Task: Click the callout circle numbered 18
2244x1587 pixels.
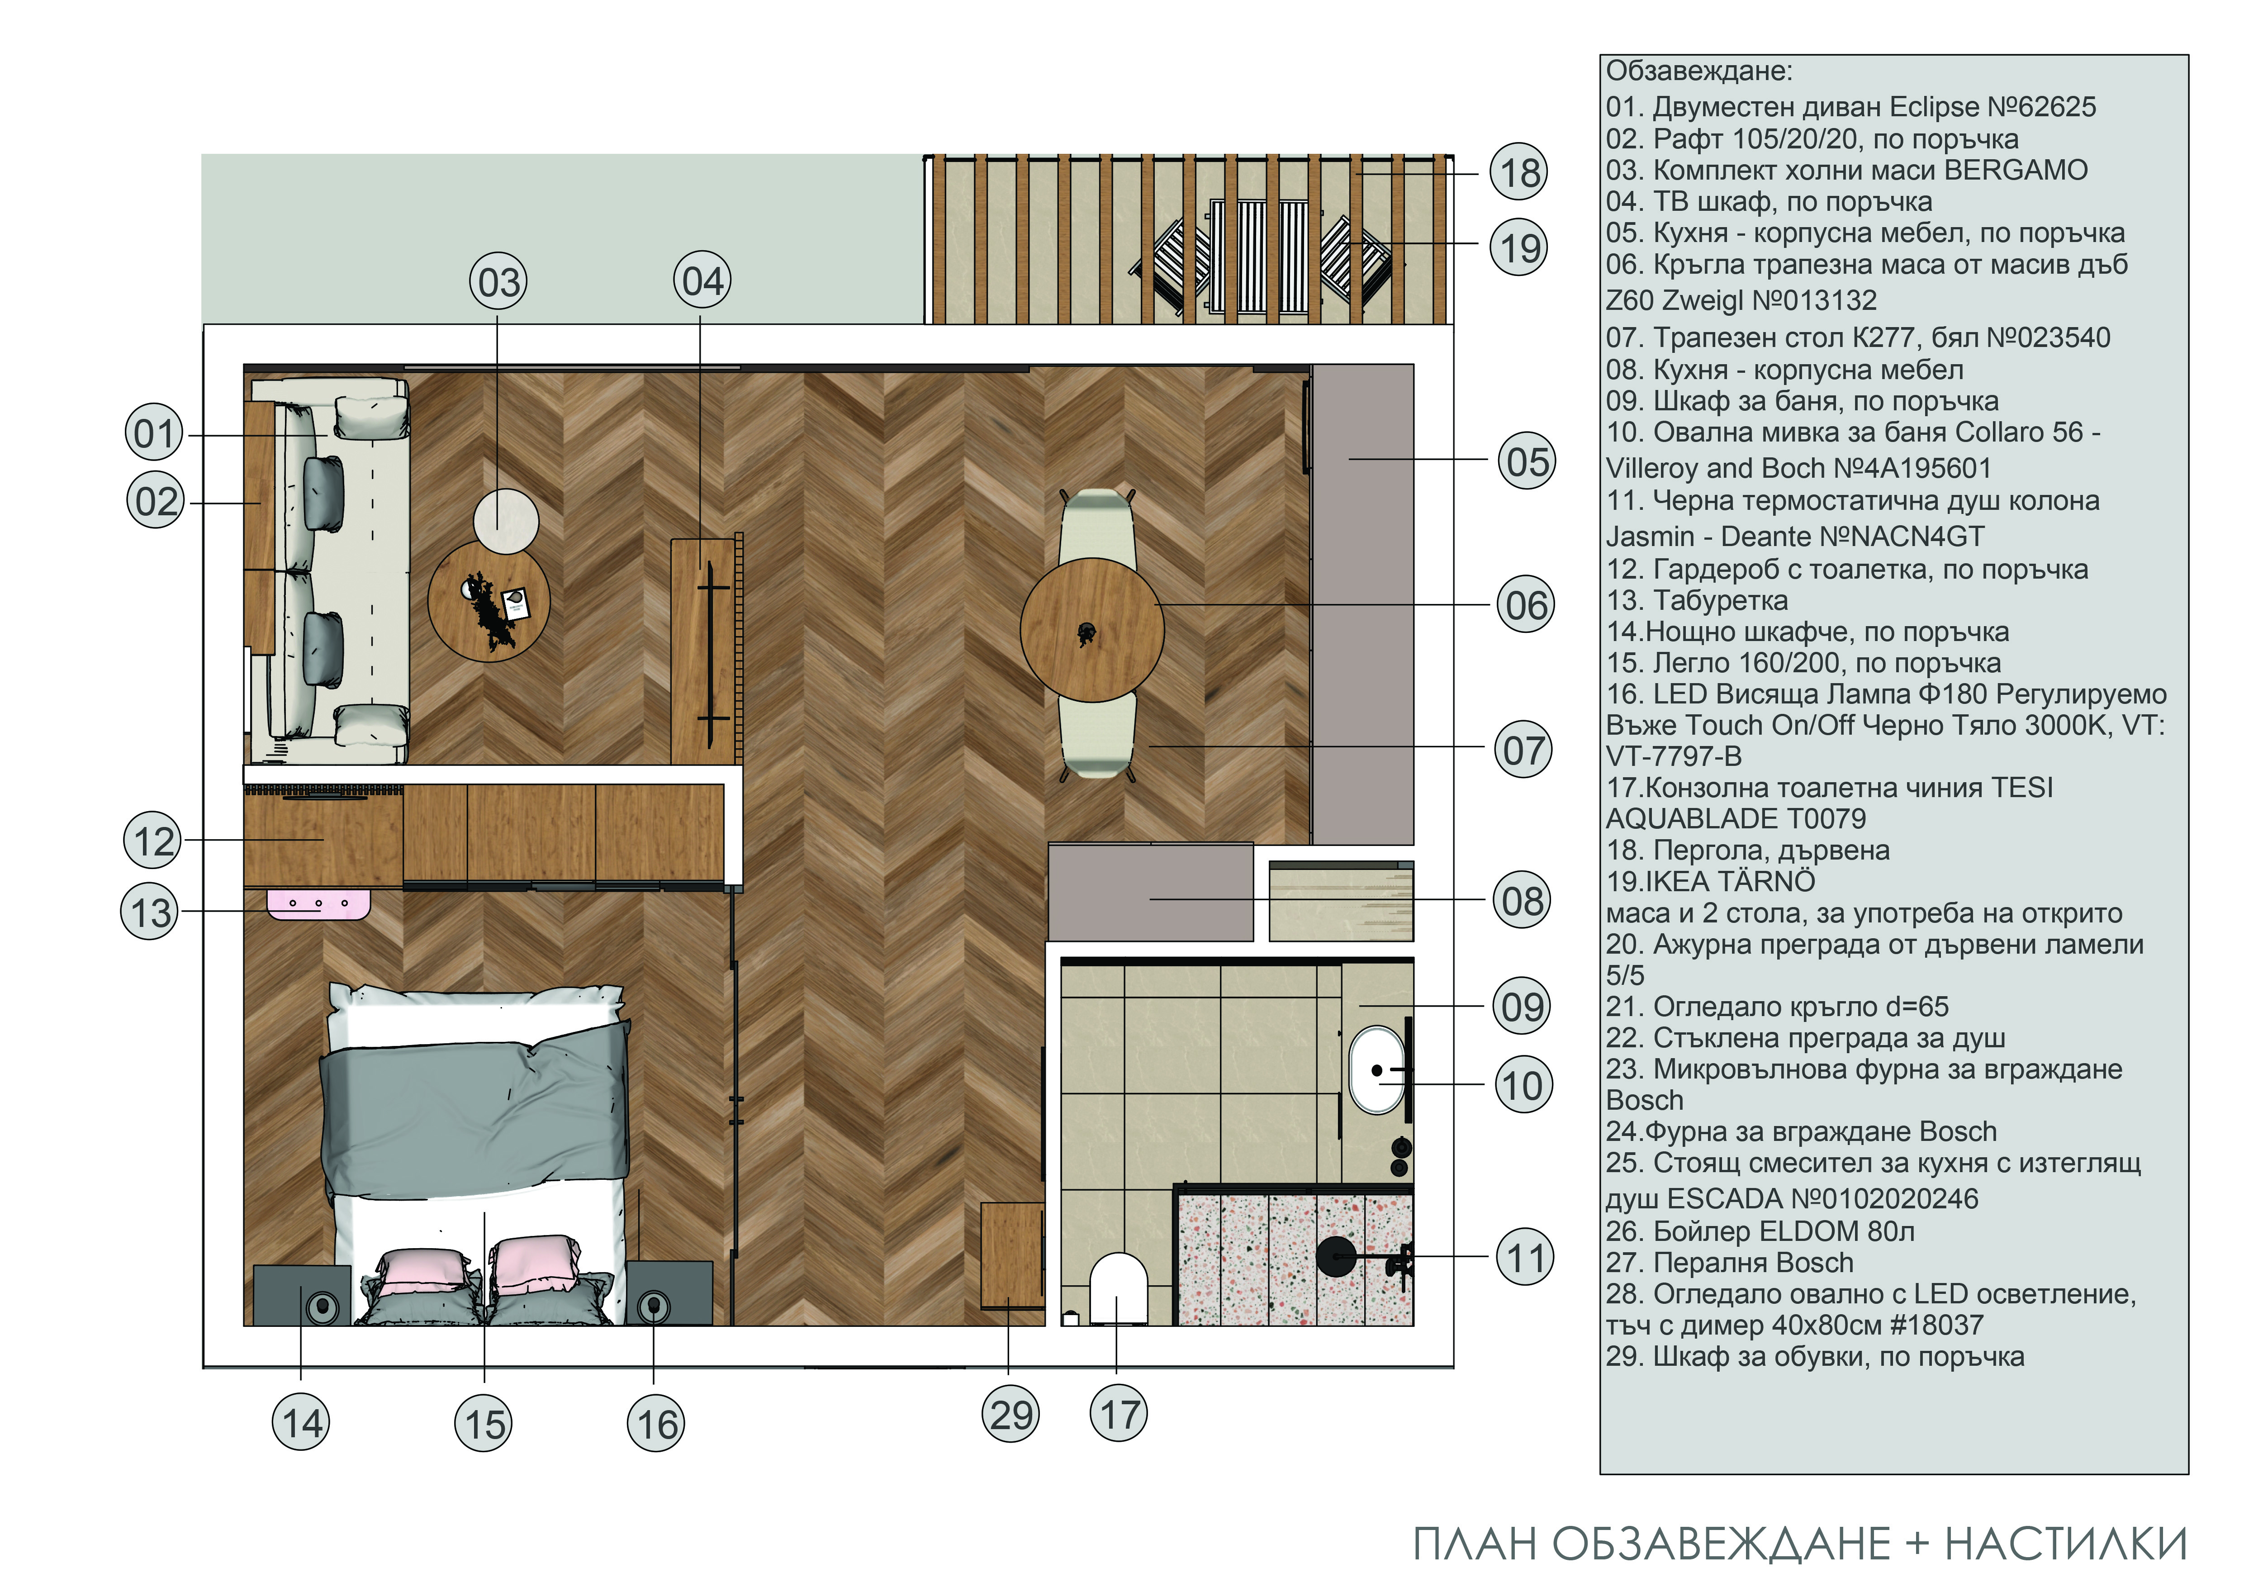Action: (1520, 173)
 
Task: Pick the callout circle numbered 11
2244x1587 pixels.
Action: (1525, 1258)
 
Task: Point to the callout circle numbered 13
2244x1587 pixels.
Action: (151, 913)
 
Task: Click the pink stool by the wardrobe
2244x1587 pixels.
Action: (320, 904)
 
